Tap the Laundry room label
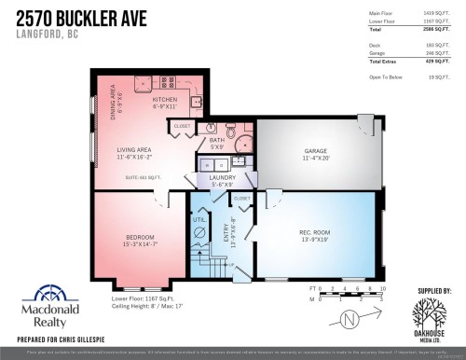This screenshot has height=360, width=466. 222,176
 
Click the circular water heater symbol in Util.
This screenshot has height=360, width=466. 198,233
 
